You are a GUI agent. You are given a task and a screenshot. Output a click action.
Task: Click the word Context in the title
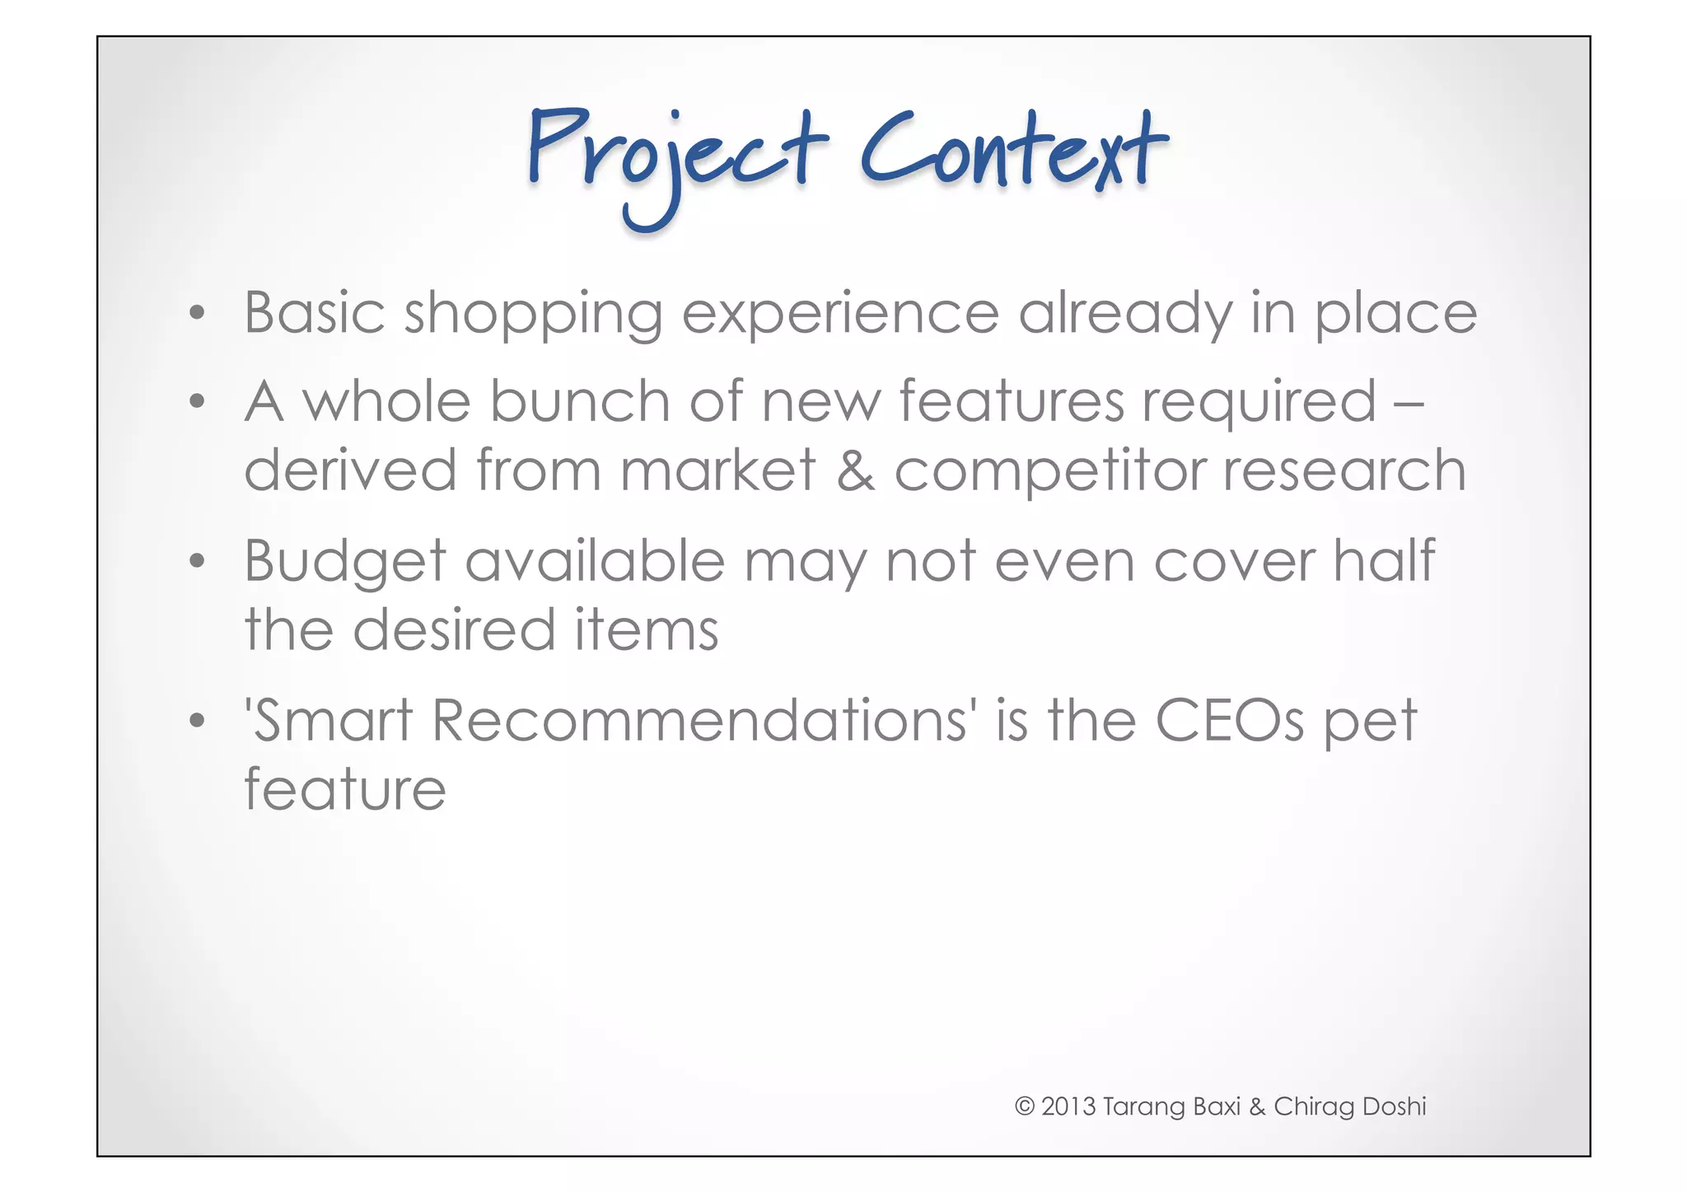1013,152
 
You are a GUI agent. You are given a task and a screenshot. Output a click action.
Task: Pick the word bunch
580,401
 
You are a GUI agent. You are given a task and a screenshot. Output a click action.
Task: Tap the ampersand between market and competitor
855,472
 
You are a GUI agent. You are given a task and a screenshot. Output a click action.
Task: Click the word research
1344,471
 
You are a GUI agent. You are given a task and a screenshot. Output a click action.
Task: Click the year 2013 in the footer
1068,1106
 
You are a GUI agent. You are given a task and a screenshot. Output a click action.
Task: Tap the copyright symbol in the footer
1024,1106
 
